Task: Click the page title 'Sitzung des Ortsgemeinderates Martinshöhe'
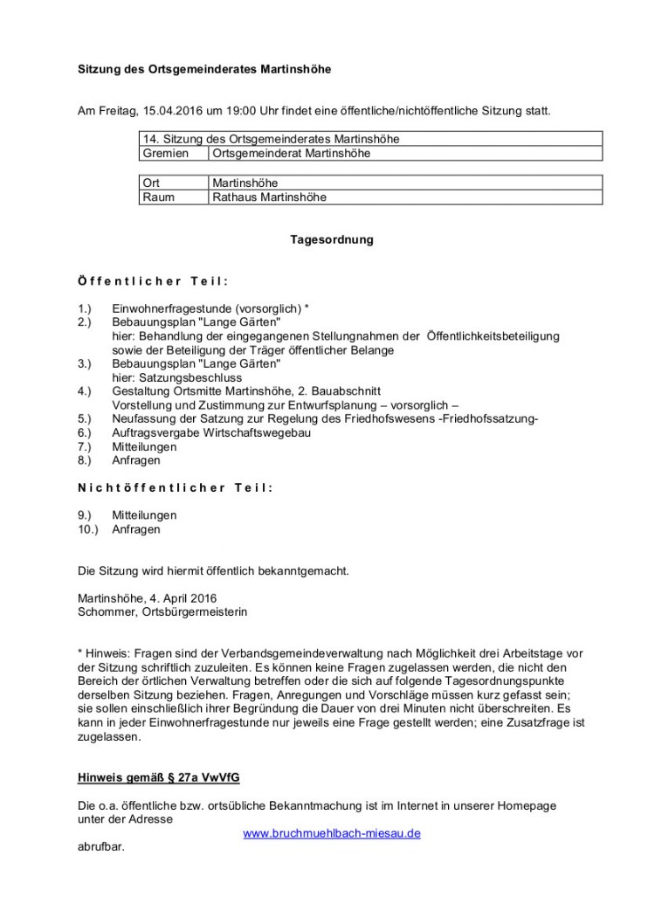click(x=204, y=69)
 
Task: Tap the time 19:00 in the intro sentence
click(x=237, y=111)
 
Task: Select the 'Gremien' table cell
click(x=165, y=153)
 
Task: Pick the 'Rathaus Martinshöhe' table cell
click(x=270, y=197)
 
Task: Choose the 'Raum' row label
click(x=158, y=197)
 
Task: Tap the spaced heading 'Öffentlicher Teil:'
click(x=153, y=281)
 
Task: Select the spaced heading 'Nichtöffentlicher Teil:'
click(x=175, y=487)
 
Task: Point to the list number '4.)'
click(x=85, y=391)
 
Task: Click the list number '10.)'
click(x=88, y=528)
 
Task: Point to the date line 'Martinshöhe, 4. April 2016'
click(x=147, y=598)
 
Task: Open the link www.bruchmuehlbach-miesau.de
click(x=332, y=833)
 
